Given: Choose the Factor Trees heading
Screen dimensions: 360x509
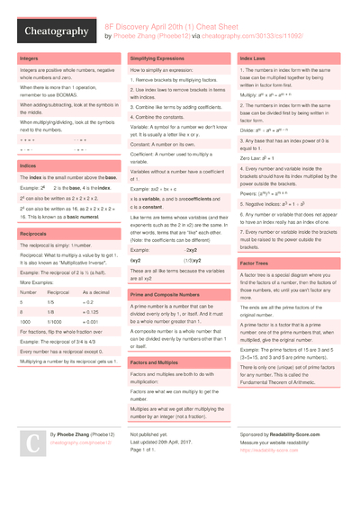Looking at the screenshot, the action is [256, 263].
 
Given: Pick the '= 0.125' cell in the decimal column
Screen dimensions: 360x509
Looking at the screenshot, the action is [94, 312].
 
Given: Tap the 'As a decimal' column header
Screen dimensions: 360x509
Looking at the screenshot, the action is [96, 292].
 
